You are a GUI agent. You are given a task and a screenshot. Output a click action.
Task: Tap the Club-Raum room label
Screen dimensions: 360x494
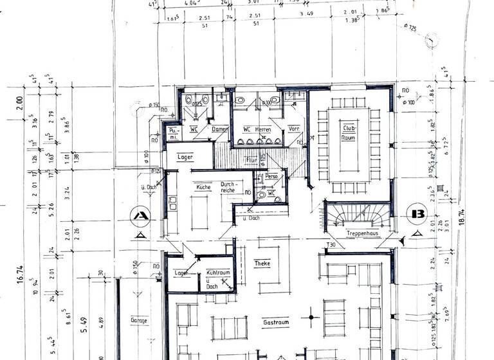pyautogui.click(x=349, y=132)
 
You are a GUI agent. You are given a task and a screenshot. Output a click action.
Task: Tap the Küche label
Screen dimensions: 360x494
pyautogui.click(x=203, y=187)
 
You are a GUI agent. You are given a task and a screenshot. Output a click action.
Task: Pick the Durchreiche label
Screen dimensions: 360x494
pyautogui.click(x=230, y=186)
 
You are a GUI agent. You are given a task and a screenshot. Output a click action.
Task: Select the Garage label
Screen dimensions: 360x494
pyautogui.click(x=138, y=319)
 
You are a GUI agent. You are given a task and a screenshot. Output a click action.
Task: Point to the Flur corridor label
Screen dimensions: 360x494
pyautogui.click(x=250, y=159)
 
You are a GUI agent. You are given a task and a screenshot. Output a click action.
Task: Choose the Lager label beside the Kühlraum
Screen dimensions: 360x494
pyautogui.click(x=181, y=273)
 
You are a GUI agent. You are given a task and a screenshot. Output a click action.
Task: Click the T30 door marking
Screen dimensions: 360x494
pyautogui.click(x=332, y=245)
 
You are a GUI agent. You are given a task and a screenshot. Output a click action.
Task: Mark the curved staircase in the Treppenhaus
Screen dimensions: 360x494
pyautogui.click(x=358, y=213)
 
